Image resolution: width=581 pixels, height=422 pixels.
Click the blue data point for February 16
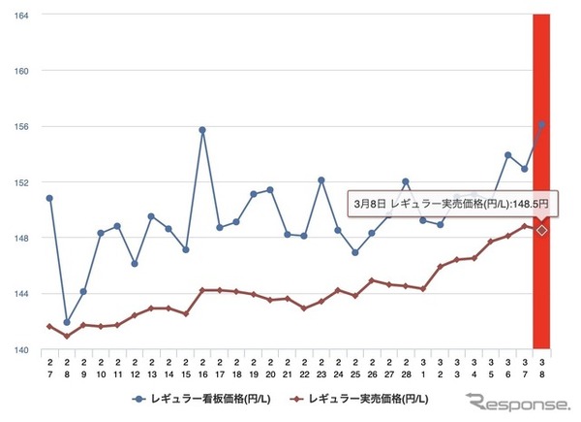[202, 130]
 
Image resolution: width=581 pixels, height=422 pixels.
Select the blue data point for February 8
[66, 322]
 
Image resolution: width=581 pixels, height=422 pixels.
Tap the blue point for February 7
[49, 198]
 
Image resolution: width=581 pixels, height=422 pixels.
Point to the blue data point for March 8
[542, 124]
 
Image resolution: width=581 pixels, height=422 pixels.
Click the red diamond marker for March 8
[542, 230]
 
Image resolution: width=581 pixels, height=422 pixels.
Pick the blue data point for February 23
[321, 180]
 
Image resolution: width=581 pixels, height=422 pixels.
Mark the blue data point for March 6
[507, 155]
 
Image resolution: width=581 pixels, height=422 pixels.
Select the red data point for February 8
[66, 336]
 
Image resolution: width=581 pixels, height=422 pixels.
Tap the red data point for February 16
[202, 290]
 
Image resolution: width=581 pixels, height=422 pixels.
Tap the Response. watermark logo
[517, 403]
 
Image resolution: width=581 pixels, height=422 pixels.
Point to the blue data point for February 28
[406, 181]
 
